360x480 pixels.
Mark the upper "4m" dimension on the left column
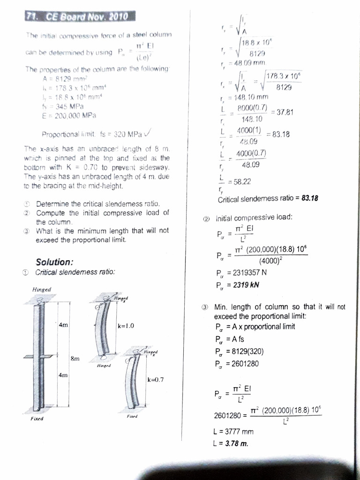(63, 324)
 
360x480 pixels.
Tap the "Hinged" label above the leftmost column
(42, 290)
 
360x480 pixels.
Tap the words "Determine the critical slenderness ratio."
(98, 204)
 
